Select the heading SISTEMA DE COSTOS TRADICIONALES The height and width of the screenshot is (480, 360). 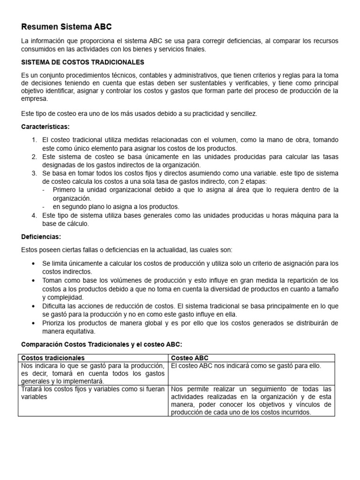(x=82, y=62)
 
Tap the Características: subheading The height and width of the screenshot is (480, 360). (x=45, y=127)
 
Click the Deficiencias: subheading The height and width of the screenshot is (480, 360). (x=41, y=237)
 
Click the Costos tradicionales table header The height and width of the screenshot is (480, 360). (x=53, y=358)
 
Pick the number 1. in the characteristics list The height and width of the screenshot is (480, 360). (x=34, y=140)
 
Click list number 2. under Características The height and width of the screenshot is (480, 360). (x=34, y=157)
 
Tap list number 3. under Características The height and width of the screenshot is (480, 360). (x=34, y=173)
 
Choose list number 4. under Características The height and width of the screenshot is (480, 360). (x=34, y=215)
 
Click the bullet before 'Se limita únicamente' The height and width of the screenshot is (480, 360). (x=33, y=263)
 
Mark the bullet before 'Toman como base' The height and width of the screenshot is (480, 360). (x=33, y=280)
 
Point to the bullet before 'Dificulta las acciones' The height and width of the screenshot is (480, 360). (x=33, y=306)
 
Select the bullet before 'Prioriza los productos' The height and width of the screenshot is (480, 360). (x=33, y=323)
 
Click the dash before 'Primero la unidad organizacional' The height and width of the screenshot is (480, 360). (x=44, y=189)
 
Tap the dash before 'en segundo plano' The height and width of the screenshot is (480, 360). (x=44, y=206)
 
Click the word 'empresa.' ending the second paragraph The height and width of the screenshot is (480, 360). (x=35, y=99)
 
